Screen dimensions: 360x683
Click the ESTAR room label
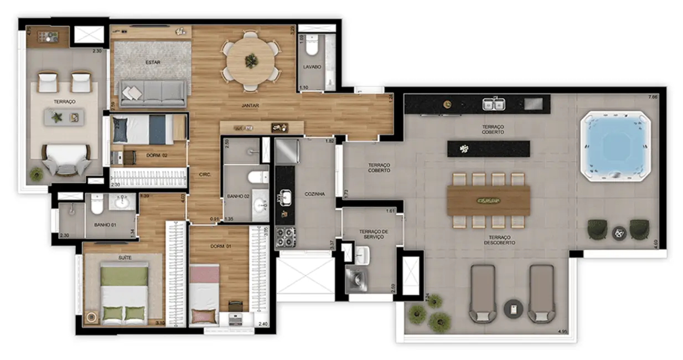pyautogui.click(x=153, y=63)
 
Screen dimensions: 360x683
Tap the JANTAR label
pyautogui.click(x=250, y=105)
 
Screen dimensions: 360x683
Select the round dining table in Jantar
pyautogui.click(x=251, y=60)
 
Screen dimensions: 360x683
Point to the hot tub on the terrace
pyautogui.click(x=614, y=146)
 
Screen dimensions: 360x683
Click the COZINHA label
pyautogui.click(x=314, y=194)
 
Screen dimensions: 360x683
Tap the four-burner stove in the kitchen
pyautogui.click(x=286, y=238)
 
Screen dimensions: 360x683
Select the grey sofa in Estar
pyautogui.click(x=153, y=93)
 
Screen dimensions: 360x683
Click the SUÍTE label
pyautogui.click(x=125, y=258)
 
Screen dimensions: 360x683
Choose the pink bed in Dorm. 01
pyautogui.click(x=204, y=294)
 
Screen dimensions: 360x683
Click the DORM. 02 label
pyautogui.click(x=157, y=156)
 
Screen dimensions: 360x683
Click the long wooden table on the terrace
pyautogui.click(x=488, y=200)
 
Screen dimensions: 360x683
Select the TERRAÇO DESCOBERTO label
pyautogui.click(x=499, y=240)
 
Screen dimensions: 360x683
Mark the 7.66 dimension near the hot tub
pyautogui.click(x=654, y=97)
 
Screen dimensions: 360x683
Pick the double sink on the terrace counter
pyautogui.click(x=493, y=104)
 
